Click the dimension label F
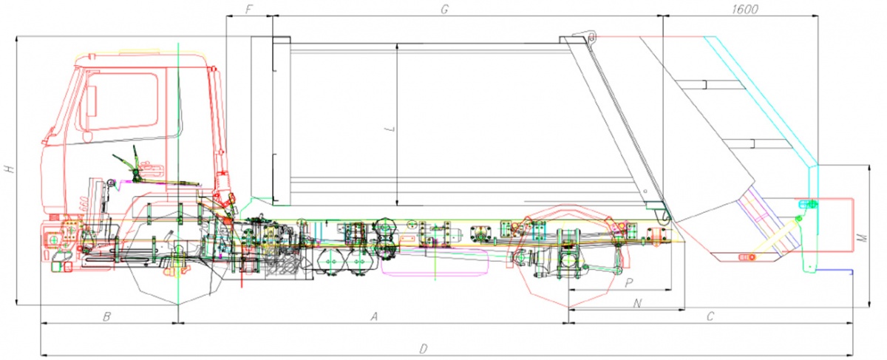[x=249, y=9]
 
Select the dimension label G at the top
[x=445, y=10]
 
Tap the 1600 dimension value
[x=745, y=10]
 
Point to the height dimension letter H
[x=9, y=169]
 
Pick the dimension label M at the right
[x=862, y=237]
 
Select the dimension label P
[x=628, y=283]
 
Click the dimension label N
[x=637, y=303]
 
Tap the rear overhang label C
[x=710, y=316]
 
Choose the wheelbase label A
[x=374, y=316]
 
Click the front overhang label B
[x=106, y=316]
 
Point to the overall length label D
[x=424, y=349]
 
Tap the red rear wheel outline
[x=569, y=256]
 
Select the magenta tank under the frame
[x=435, y=262]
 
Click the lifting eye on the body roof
[x=591, y=38]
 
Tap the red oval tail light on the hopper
[x=747, y=257]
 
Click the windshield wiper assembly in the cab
[x=152, y=170]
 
